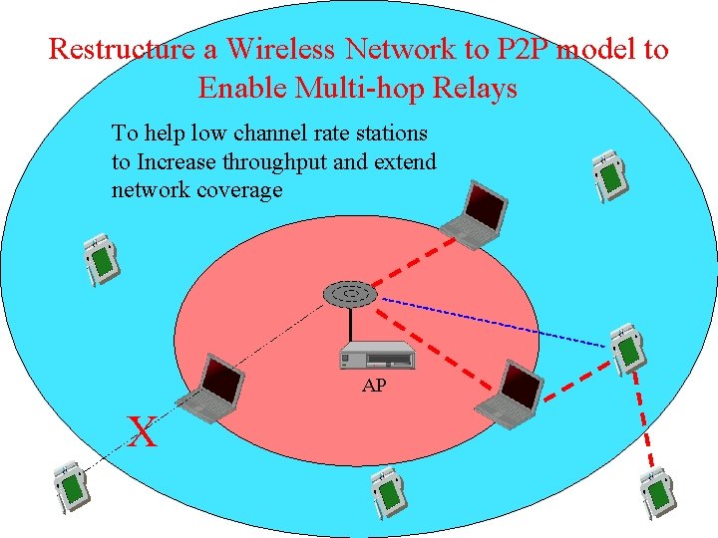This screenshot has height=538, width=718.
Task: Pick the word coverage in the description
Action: tap(238, 189)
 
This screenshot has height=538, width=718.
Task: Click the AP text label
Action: tap(373, 386)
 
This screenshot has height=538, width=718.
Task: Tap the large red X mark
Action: tap(144, 432)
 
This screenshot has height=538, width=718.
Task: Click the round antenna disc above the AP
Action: tap(349, 294)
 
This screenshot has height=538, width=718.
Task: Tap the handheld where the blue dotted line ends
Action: tap(628, 348)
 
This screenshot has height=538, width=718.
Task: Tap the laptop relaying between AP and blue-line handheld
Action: tap(512, 395)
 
